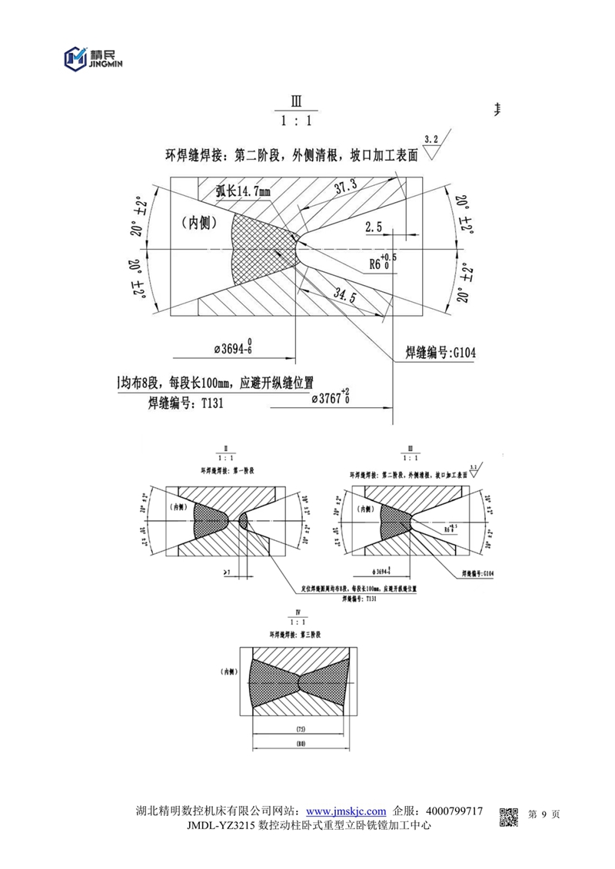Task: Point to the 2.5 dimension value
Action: coord(374,227)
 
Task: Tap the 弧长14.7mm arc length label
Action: coord(242,191)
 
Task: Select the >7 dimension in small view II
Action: coord(227,573)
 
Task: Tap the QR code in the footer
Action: coord(509,819)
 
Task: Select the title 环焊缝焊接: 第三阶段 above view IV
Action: coord(294,635)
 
